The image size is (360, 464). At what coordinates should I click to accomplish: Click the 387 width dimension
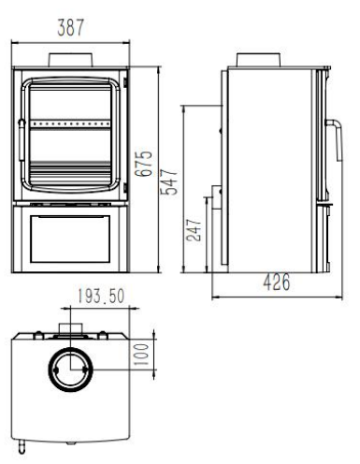(x=71, y=27)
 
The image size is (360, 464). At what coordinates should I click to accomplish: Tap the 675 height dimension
(x=144, y=164)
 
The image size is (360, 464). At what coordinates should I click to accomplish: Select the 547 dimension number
(x=170, y=182)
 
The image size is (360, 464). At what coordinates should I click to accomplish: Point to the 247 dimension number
(x=194, y=230)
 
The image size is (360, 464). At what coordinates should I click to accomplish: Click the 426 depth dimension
(x=277, y=283)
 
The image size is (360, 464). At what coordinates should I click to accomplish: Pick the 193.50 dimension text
(x=101, y=297)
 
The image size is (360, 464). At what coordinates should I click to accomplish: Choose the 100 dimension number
(x=141, y=355)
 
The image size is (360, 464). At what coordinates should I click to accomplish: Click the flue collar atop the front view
(x=71, y=60)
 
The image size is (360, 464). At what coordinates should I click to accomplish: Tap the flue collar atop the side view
(x=258, y=60)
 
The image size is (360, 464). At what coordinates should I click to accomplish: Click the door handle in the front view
(x=22, y=140)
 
